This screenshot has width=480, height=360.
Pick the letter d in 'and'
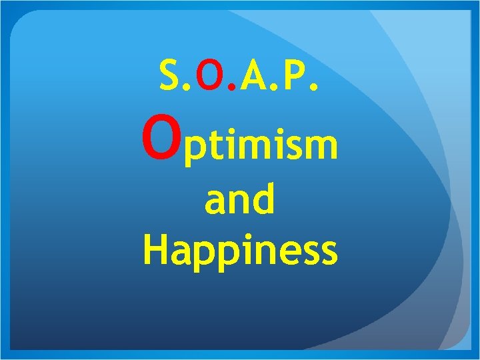point(263,200)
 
